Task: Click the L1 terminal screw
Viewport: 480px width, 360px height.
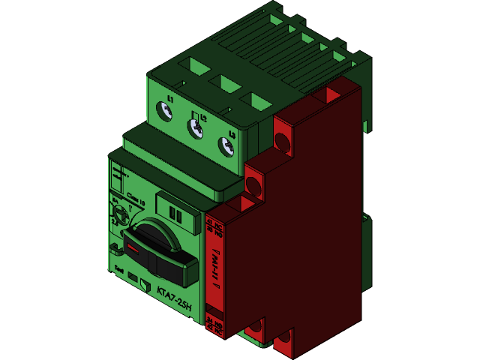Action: pyautogui.click(x=164, y=112)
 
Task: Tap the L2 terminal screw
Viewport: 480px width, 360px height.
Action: pyautogui.click(x=196, y=129)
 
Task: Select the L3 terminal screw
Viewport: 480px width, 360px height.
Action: pyautogui.click(x=226, y=146)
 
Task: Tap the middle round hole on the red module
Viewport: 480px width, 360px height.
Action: pyautogui.click(x=253, y=183)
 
